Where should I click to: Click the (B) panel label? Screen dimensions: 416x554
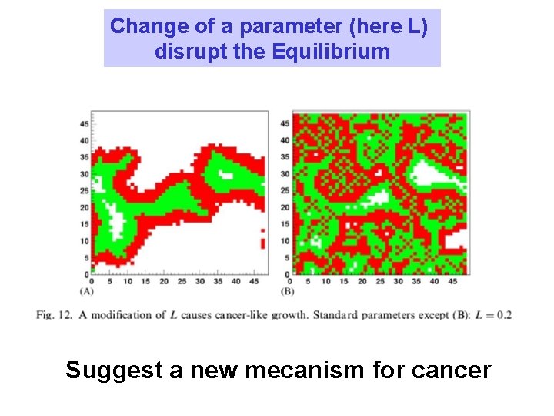[289, 291]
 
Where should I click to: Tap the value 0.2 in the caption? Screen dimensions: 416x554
[503, 315]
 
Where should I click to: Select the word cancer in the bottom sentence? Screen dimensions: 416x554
[452, 371]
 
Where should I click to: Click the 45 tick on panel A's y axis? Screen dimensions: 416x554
[85, 123]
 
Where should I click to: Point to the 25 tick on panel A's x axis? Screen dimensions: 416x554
[182, 281]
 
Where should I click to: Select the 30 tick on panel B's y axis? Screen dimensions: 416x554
[285, 173]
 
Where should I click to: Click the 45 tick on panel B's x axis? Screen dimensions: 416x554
[452, 281]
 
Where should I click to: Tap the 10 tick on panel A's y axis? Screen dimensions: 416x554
[85, 241]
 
